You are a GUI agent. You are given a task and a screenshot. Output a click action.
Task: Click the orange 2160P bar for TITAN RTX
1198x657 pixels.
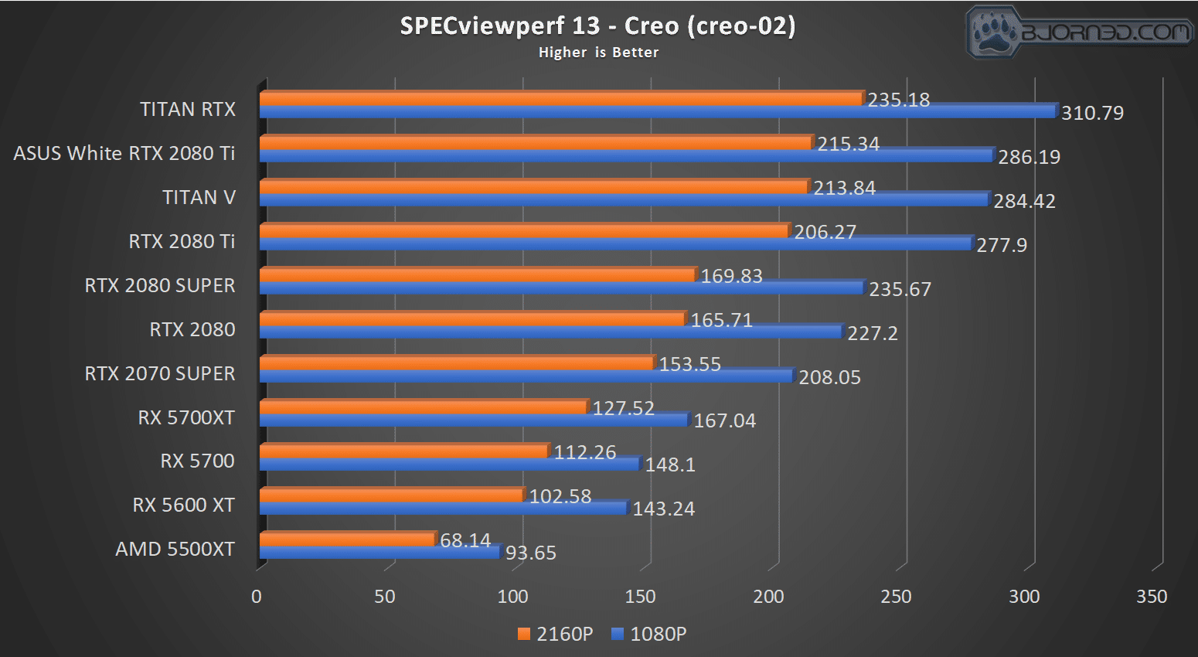[x=560, y=98]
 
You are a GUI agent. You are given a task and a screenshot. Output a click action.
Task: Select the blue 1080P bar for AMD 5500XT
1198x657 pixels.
[x=379, y=553]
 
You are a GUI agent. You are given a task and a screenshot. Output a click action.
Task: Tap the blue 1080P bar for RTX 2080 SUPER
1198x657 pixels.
[x=560, y=288]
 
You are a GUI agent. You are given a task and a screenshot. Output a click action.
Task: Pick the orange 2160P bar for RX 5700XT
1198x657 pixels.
[x=423, y=407]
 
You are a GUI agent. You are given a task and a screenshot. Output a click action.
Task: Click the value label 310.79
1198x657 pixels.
[x=1092, y=113]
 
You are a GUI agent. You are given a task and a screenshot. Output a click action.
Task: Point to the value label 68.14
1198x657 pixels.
[x=465, y=540]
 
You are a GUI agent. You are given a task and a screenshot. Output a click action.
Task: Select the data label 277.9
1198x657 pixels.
[x=1002, y=245]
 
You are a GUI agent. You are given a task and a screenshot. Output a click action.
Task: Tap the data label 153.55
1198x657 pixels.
[x=689, y=364]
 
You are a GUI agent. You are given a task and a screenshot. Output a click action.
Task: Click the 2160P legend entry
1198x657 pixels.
[x=556, y=634]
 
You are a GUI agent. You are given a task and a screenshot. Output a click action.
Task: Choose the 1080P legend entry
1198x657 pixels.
[x=649, y=634]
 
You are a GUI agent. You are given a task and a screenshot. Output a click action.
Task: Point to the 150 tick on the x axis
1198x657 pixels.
[x=640, y=597]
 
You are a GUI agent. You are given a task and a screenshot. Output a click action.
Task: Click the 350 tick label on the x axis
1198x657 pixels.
[x=1152, y=597]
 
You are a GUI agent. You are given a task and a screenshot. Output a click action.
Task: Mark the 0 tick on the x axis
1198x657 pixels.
[x=257, y=597]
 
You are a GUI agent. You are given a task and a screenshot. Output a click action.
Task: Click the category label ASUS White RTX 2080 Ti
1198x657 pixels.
[x=124, y=153]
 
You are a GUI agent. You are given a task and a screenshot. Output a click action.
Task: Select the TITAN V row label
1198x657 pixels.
[x=199, y=197]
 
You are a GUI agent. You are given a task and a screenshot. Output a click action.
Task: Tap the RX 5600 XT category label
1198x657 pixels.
[x=183, y=505]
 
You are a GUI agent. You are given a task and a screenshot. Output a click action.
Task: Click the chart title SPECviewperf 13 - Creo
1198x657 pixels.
[x=597, y=26]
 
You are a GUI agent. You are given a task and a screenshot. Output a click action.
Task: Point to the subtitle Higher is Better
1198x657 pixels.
[x=598, y=53]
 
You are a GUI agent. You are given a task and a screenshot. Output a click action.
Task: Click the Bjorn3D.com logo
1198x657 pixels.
[x=1079, y=32]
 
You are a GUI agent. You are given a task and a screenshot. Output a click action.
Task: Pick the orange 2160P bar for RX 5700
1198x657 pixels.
[x=403, y=451]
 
